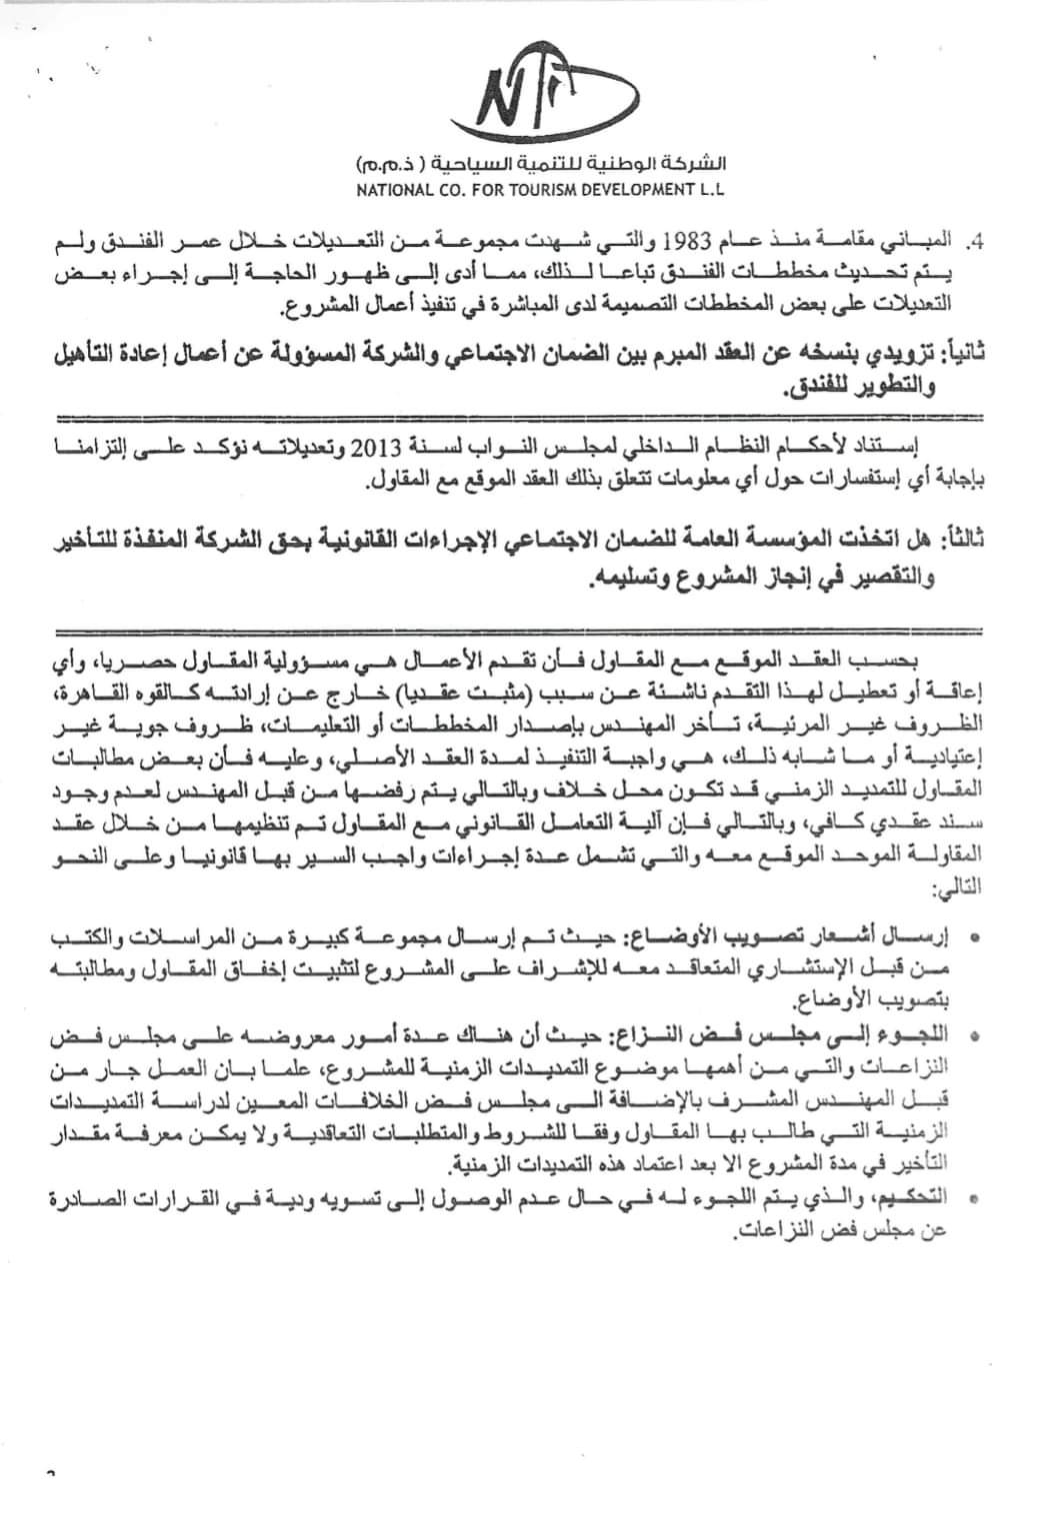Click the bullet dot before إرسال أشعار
pos(975,933)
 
